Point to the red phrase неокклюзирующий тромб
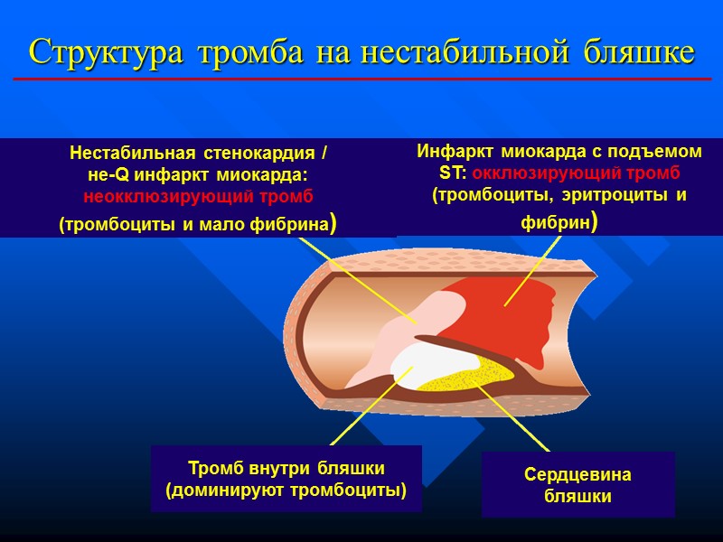[199, 196]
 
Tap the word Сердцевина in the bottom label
[577, 475]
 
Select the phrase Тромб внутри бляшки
[286, 469]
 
